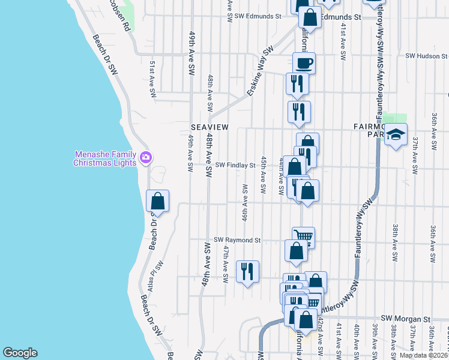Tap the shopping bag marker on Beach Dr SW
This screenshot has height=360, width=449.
click(x=158, y=200)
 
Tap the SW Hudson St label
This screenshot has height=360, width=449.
click(x=427, y=56)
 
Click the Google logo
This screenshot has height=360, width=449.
click(x=20, y=353)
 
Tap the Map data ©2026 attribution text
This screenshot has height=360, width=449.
click(x=423, y=355)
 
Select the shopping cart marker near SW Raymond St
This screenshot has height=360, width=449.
click(x=304, y=236)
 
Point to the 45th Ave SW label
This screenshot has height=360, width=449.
click(x=264, y=175)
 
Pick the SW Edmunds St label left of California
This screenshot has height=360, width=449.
click(x=258, y=17)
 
